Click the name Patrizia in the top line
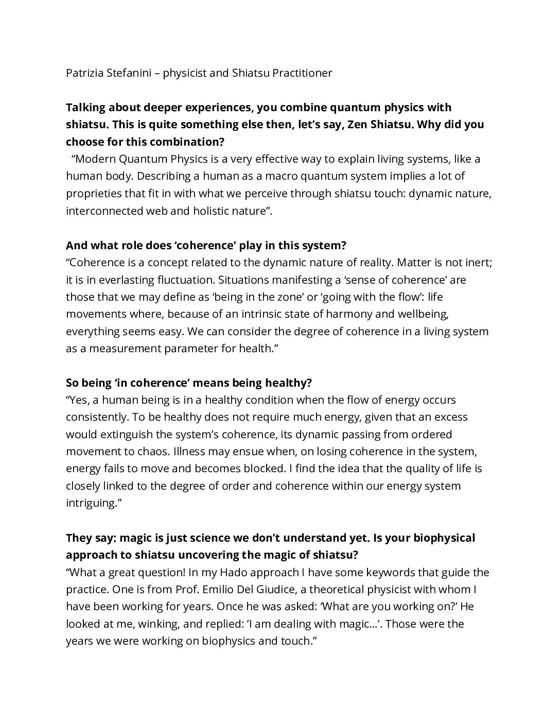(84, 73)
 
